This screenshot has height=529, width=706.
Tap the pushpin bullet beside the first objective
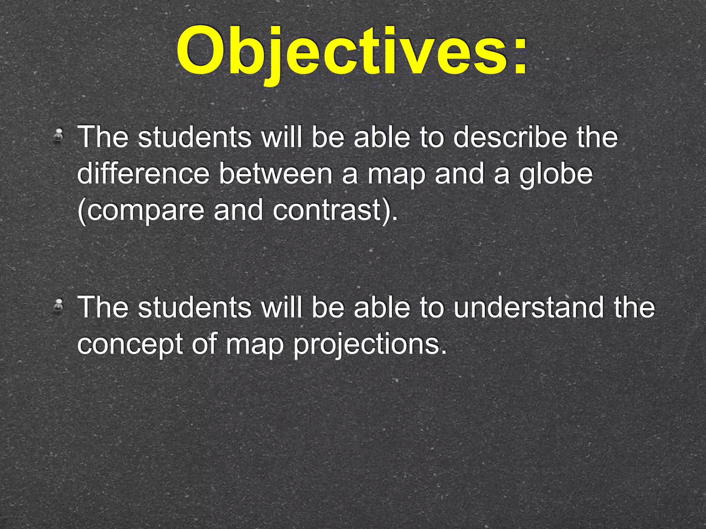59,135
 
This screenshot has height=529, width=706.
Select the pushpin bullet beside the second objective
59,305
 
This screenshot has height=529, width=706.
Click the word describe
510,137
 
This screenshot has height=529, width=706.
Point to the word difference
143,174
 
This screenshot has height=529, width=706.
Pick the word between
276,174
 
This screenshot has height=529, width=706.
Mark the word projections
370,344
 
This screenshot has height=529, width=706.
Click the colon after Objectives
519,55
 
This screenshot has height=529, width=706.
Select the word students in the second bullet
195,307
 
